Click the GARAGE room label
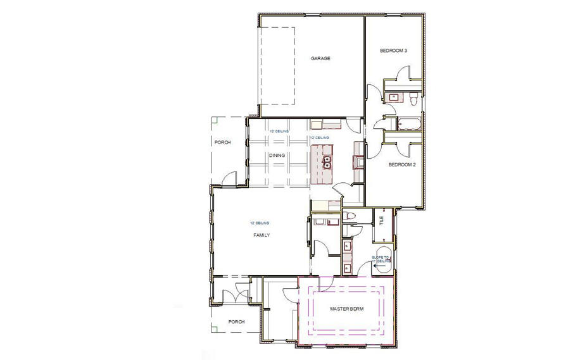(x=320, y=58)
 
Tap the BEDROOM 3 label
(x=393, y=51)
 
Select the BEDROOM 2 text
(x=401, y=164)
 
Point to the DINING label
(x=277, y=155)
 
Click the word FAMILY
(x=262, y=235)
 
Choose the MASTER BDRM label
(x=346, y=309)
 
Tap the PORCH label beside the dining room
(x=222, y=142)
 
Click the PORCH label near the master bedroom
(x=236, y=321)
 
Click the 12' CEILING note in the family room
(x=260, y=223)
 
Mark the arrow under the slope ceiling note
(x=379, y=267)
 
